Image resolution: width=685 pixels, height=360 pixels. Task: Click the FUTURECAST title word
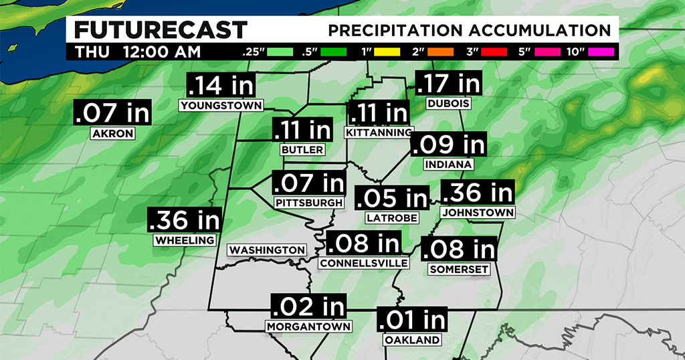coord(160,30)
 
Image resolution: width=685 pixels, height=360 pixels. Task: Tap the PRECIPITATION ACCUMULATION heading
coord(469,31)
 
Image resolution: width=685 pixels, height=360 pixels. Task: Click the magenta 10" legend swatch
coord(601,52)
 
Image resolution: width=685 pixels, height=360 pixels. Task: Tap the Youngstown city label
coord(221,105)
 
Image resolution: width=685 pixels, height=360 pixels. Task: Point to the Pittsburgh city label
coord(310,202)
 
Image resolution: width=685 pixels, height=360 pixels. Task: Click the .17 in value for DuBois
coord(448,84)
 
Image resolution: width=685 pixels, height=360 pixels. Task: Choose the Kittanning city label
coord(379,132)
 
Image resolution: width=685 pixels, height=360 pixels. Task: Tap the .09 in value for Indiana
coord(448,145)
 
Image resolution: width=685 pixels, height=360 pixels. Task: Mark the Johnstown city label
coord(477,212)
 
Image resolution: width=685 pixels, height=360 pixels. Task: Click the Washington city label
coord(268,250)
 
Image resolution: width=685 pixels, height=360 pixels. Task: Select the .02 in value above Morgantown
coord(308,307)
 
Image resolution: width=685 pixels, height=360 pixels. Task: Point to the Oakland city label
coord(412,340)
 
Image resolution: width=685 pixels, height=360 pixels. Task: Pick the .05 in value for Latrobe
coord(391,198)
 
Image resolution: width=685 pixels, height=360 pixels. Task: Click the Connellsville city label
coord(363,263)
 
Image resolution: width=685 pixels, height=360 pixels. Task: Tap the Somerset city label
coord(458,269)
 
